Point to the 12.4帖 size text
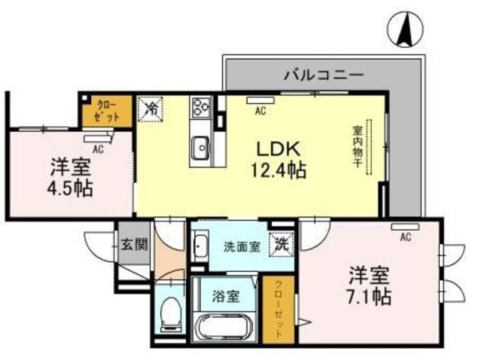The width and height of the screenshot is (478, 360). [276, 170]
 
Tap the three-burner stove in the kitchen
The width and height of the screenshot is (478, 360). [202, 109]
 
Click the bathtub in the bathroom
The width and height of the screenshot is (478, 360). [226, 328]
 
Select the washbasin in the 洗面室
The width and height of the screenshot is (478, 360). [200, 246]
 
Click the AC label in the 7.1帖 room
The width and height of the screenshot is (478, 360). [406, 238]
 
